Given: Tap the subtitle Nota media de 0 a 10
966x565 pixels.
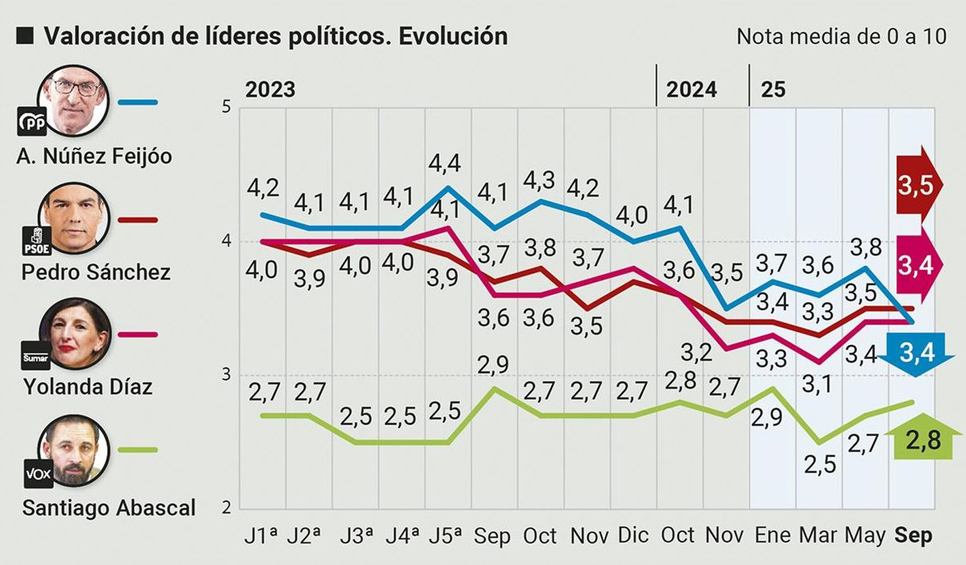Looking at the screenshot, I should [x=841, y=36].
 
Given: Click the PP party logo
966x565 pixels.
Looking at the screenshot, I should [x=32, y=122].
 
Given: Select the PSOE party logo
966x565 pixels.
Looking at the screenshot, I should [x=36, y=241].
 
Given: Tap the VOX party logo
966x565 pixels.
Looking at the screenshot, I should [x=38, y=474].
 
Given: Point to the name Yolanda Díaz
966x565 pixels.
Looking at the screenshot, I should [x=88, y=386].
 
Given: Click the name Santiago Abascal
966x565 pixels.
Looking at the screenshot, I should [x=109, y=508].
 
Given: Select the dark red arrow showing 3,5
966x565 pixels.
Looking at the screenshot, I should [x=916, y=186].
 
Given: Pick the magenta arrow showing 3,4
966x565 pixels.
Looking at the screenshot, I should [x=916, y=265].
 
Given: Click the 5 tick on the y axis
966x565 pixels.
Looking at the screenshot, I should [x=226, y=107].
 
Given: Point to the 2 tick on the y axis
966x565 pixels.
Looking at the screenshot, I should [x=226, y=508].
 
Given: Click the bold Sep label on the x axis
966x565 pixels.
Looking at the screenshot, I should [x=913, y=535].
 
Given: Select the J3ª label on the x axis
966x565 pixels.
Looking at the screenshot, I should [x=356, y=535].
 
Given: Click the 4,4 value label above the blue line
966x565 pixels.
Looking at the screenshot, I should [x=445, y=163].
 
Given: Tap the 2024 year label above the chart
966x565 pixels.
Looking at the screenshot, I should [x=691, y=90].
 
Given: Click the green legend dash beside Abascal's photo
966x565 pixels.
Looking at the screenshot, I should [x=138, y=450].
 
